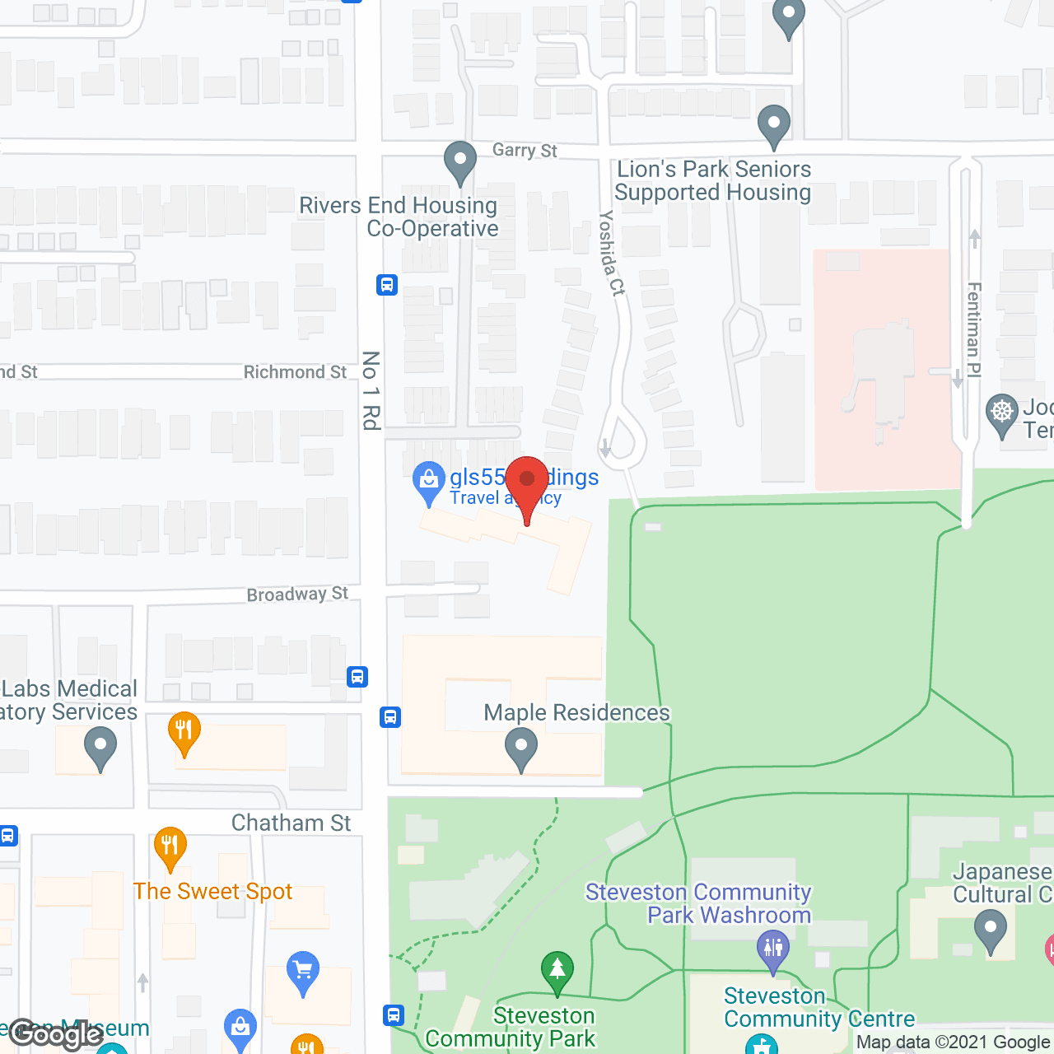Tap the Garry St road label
pyautogui.click(x=525, y=150)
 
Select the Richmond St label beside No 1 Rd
pyautogui.click(x=295, y=372)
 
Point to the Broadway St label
pyautogui.click(x=297, y=594)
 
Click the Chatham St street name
pyautogui.click(x=291, y=823)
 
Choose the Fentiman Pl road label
pyautogui.click(x=974, y=329)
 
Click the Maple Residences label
pyautogui.click(x=576, y=712)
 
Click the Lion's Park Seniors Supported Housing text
pyautogui.click(x=713, y=180)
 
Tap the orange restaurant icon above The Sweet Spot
pyautogui.click(x=170, y=846)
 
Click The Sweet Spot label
pyautogui.click(x=212, y=891)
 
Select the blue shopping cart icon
pyautogui.click(x=303, y=971)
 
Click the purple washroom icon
pyautogui.click(x=772, y=949)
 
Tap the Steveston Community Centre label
pyautogui.click(x=818, y=1007)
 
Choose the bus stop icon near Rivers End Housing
pyautogui.click(x=387, y=285)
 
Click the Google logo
pyautogui.click(x=56, y=1033)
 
